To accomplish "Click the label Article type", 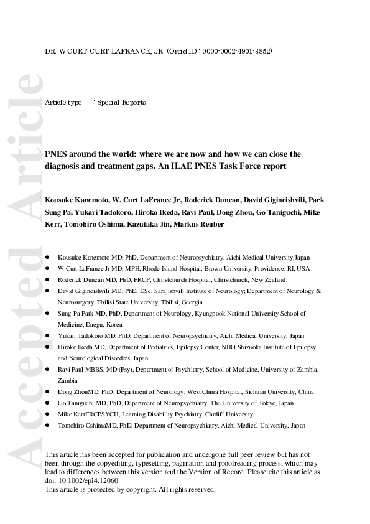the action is point(63,102).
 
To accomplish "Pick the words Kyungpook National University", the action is point(239,314).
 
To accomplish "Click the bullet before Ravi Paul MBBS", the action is point(48,370).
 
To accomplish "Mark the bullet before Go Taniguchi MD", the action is point(48,403).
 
